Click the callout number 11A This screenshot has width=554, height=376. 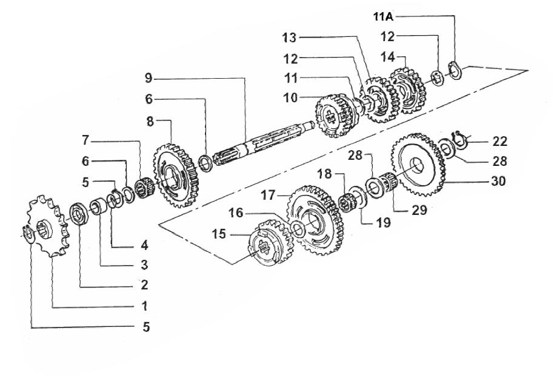(383, 16)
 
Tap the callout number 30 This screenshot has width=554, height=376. (498, 181)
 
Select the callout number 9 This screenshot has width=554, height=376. (149, 78)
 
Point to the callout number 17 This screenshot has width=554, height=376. (268, 194)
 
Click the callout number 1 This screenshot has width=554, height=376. (144, 306)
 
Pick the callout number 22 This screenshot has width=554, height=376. (499, 141)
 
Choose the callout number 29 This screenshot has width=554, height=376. (419, 210)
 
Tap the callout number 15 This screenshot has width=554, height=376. (219, 234)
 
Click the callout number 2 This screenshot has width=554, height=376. (144, 285)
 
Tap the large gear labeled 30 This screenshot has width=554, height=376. (418, 165)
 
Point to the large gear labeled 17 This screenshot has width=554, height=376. (316, 220)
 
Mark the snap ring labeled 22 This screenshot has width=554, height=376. (459, 138)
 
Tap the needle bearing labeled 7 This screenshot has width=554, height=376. (145, 186)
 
